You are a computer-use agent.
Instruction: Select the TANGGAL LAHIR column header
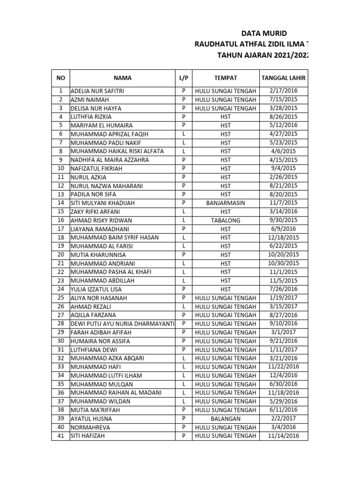[x=283, y=78]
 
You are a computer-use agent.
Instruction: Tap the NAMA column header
[x=122, y=78]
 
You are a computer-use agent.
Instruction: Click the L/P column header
[x=184, y=78]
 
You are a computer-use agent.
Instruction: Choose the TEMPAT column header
[x=226, y=78]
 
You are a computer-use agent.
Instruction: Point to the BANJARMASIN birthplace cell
[x=226, y=203]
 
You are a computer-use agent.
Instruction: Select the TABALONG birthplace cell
[x=226, y=220]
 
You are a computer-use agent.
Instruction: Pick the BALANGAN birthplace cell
[x=226, y=419]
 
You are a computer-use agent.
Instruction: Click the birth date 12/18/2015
[x=283, y=238]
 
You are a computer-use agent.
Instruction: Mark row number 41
[x=60, y=436]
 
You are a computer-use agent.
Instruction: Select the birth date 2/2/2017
[x=283, y=419]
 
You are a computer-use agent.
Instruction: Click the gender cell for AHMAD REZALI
[x=184, y=307]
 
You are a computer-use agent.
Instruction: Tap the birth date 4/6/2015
[x=283, y=151]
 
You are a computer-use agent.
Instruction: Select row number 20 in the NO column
[x=60, y=255]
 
